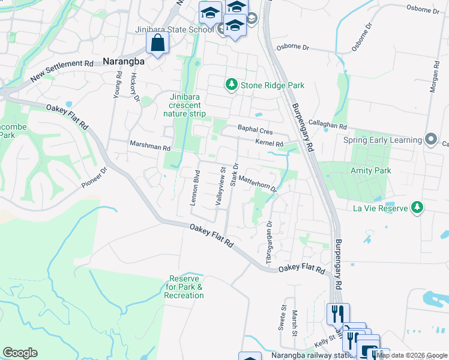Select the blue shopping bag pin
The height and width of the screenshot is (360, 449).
[x=157, y=43]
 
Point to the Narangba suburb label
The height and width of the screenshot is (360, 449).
[x=125, y=61]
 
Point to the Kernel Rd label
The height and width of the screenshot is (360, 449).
[x=269, y=143]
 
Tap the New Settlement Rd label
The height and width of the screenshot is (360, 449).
[x=62, y=71]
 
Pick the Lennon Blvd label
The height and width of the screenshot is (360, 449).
[x=194, y=188]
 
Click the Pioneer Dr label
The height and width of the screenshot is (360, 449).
[x=94, y=178]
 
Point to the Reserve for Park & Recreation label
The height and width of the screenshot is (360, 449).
[x=186, y=287]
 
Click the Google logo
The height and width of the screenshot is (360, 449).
[x=20, y=353]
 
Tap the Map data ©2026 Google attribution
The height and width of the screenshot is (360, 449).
[x=411, y=355]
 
